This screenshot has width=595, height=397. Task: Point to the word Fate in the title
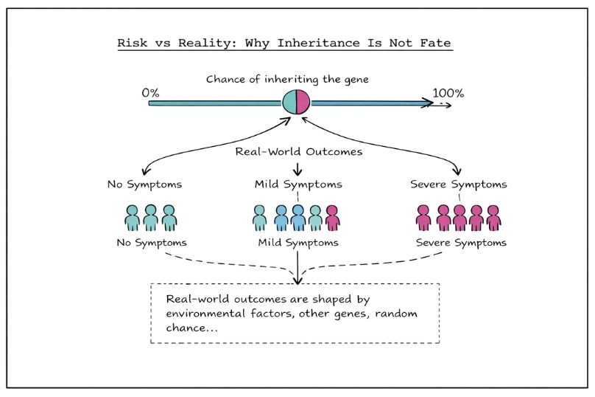(434, 43)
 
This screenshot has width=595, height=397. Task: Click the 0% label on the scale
(150, 93)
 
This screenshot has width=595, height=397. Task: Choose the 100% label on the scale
(448, 93)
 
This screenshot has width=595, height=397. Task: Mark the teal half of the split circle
(290, 103)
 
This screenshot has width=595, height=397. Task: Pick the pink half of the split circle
(303, 103)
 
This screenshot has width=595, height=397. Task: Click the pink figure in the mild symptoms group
(332, 218)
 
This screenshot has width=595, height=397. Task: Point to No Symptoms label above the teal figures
(143, 184)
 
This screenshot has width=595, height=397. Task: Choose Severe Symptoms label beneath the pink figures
(461, 242)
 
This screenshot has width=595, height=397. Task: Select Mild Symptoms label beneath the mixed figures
(298, 242)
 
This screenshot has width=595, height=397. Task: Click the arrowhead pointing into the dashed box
(297, 279)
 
